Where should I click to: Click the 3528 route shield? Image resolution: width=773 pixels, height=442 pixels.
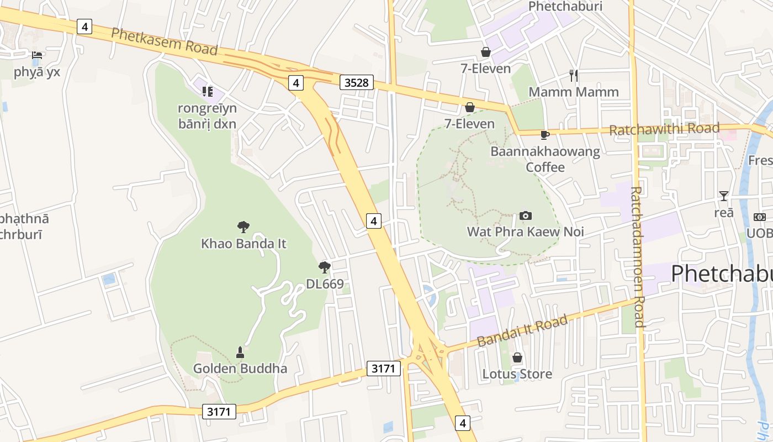tap(356, 83)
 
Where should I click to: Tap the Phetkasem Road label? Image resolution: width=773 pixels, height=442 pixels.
tap(165, 41)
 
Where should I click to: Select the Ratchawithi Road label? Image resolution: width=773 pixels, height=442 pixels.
tap(664, 129)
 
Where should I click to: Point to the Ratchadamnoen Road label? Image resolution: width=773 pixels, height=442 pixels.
tap(637, 256)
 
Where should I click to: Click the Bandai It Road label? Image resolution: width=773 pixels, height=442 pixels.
tap(522, 330)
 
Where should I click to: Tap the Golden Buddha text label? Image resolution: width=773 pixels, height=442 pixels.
tap(240, 369)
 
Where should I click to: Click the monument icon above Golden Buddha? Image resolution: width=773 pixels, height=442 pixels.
tap(240, 352)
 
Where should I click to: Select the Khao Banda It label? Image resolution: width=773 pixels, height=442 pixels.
tap(243, 243)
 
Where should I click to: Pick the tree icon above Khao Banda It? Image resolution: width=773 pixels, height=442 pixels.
tap(243, 227)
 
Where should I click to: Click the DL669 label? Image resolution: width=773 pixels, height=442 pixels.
tap(325, 285)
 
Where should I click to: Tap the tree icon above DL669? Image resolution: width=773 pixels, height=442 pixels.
tap(325, 268)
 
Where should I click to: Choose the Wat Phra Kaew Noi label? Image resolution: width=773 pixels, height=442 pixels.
tap(526, 231)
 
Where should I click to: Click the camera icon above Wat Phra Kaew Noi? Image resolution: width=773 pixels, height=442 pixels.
tap(526, 215)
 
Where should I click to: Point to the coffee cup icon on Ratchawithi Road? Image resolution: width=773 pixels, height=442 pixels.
tap(545, 135)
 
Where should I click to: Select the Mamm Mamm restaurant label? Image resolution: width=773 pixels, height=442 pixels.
tap(574, 92)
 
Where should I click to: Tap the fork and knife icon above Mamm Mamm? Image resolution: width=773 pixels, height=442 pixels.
tap(574, 76)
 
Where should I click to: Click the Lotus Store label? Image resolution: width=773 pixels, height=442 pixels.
tap(517, 374)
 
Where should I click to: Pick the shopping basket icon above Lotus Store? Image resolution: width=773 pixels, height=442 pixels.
tap(517, 358)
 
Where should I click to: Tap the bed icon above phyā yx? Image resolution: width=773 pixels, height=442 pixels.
tap(37, 55)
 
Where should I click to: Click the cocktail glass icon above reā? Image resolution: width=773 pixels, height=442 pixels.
tap(723, 196)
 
